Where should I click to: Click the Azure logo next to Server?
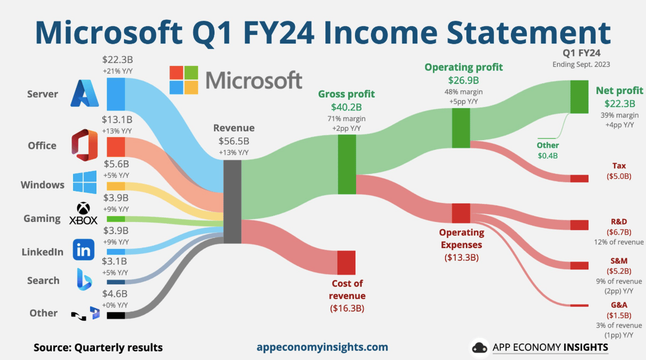click(x=84, y=93)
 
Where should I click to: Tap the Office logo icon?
click(x=84, y=145)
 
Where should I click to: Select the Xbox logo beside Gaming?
click(x=83, y=213)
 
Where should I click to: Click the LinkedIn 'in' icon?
click(x=83, y=249)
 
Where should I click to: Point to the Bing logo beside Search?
click(x=84, y=279)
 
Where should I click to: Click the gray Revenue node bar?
click(x=232, y=202)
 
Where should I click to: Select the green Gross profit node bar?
click(x=347, y=164)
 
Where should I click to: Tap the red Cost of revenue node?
click(x=346, y=262)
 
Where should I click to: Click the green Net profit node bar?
click(x=579, y=97)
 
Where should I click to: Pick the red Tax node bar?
click(x=579, y=178)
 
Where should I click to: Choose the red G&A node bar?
click(x=579, y=305)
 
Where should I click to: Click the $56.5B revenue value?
click(x=234, y=141)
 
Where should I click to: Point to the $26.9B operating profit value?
click(x=463, y=80)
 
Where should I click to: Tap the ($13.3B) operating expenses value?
click(x=461, y=257)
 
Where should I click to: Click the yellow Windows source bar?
click(x=116, y=186)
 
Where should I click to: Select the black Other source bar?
click(x=116, y=315)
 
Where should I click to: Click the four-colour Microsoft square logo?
click(x=183, y=80)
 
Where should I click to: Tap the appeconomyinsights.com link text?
click(x=322, y=347)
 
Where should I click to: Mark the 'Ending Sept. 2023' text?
click(x=581, y=64)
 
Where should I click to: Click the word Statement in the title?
click(x=528, y=32)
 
